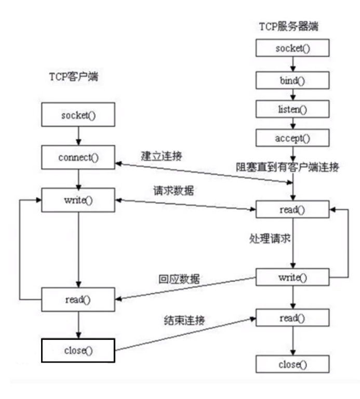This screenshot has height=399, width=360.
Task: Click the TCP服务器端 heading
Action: click(292, 25)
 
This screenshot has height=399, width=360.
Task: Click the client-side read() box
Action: click(77, 300)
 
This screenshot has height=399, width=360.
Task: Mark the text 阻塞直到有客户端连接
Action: click(292, 167)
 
